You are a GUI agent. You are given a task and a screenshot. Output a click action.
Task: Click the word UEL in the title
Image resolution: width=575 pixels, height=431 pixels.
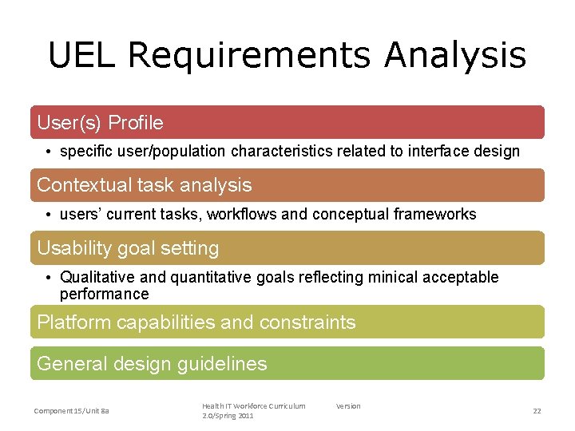coord(82,56)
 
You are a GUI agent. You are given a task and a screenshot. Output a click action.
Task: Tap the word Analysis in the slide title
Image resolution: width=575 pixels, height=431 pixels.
coord(454,56)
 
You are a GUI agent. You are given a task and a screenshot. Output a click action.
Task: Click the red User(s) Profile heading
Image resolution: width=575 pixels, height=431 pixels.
coord(100,123)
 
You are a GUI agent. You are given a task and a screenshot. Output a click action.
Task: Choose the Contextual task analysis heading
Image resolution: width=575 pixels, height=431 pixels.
coord(144,185)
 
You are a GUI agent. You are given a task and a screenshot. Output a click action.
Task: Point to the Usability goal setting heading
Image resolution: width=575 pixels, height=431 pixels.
coord(128,248)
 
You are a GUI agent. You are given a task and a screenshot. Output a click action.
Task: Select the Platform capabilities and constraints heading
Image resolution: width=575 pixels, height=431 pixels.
coord(196,322)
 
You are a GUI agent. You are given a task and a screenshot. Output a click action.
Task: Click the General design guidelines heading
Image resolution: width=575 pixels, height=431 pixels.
coord(152,364)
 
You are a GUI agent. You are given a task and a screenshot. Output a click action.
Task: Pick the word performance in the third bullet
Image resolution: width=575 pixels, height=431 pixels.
coord(104,294)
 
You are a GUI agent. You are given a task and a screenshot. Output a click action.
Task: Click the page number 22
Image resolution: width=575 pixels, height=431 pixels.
coord(537,410)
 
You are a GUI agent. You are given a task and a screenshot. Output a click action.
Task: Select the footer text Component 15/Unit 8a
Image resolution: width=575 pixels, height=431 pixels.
coord(71,410)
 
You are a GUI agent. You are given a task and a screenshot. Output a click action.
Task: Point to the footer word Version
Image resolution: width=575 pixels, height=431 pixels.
coord(347,406)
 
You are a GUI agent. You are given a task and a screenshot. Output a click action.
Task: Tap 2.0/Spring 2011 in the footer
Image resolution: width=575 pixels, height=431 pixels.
coord(228,416)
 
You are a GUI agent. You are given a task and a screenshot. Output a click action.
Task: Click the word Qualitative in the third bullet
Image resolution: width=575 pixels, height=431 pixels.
coord(98,278)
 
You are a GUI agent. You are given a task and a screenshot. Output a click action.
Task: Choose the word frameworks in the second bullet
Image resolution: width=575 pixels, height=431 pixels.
coord(436,214)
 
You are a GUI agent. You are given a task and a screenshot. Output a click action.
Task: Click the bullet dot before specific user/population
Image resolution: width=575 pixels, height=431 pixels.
coord(49,152)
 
